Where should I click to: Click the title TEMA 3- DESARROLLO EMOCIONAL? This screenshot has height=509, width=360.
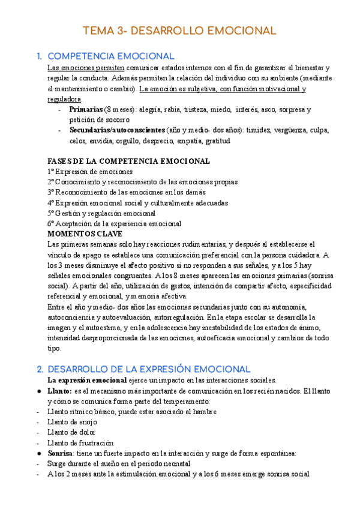click(179, 31)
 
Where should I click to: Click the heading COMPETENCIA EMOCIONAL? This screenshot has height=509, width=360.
click(111, 56)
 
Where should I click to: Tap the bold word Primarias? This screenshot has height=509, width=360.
click(86, 110)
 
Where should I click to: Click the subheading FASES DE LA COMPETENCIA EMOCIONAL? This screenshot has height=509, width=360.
click(128, 161)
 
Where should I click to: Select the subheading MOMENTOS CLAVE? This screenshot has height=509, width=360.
click(85, 233)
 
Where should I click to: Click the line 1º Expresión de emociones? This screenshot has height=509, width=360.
click(90, 171)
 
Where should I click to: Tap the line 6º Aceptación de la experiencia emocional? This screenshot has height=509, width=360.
click(114, 223)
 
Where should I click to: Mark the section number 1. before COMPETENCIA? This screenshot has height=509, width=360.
click(40, 56)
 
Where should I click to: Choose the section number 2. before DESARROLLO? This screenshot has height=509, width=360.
click(40, 368)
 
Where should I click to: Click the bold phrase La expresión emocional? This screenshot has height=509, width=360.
click(87, 380)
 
